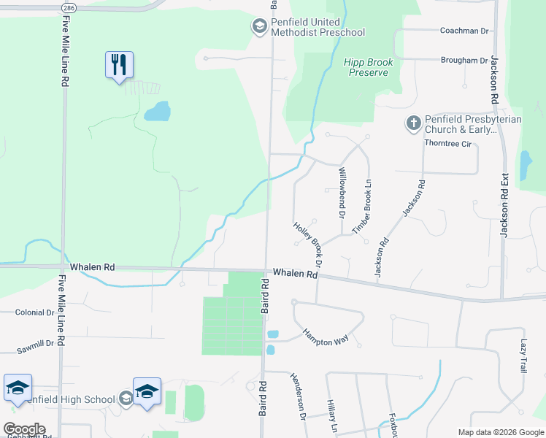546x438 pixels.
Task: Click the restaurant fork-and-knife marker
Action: coord(119,65)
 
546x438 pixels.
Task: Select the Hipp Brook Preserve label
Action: coord(369,67)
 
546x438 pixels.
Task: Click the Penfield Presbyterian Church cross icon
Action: coord(413,123)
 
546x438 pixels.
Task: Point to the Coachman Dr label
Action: coord(464,31)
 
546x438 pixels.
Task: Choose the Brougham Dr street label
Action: coord(464,61)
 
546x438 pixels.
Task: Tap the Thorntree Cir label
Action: coord(447,143)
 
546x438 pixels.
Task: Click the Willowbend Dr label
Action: coord(341,193)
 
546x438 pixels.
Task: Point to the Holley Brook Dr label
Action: coord(309,244)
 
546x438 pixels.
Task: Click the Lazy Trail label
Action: coord(523,356)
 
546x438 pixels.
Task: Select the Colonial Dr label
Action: coord(34,312)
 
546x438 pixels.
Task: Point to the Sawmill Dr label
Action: coord(36,346)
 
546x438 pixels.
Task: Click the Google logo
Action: coord(24,429)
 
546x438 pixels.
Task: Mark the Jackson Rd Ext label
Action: coord(502,204)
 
